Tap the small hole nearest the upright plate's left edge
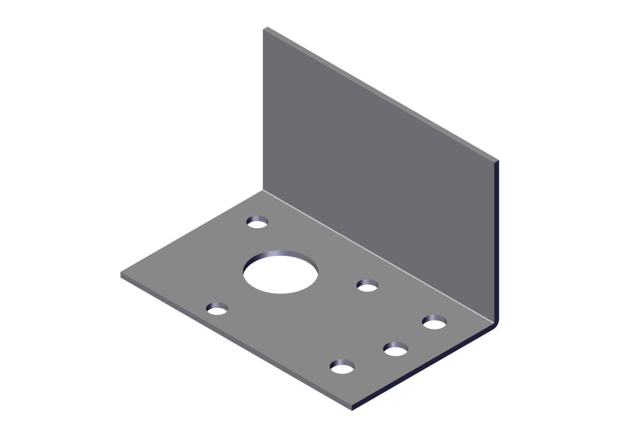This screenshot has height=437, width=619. [257, 222]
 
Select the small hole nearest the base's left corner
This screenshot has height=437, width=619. [217, 308]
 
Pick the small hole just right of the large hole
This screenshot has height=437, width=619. [367, 286]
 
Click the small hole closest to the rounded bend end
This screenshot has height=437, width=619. [435, 322]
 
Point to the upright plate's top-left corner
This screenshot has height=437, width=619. [264, 28]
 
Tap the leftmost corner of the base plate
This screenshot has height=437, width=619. [121, 274]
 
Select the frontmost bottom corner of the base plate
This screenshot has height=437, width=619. [352, 409]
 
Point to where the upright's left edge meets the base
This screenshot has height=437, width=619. [263, 190]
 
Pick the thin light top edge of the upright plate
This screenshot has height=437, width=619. [381, 93]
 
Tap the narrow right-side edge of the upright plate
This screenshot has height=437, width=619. [497, 241]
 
